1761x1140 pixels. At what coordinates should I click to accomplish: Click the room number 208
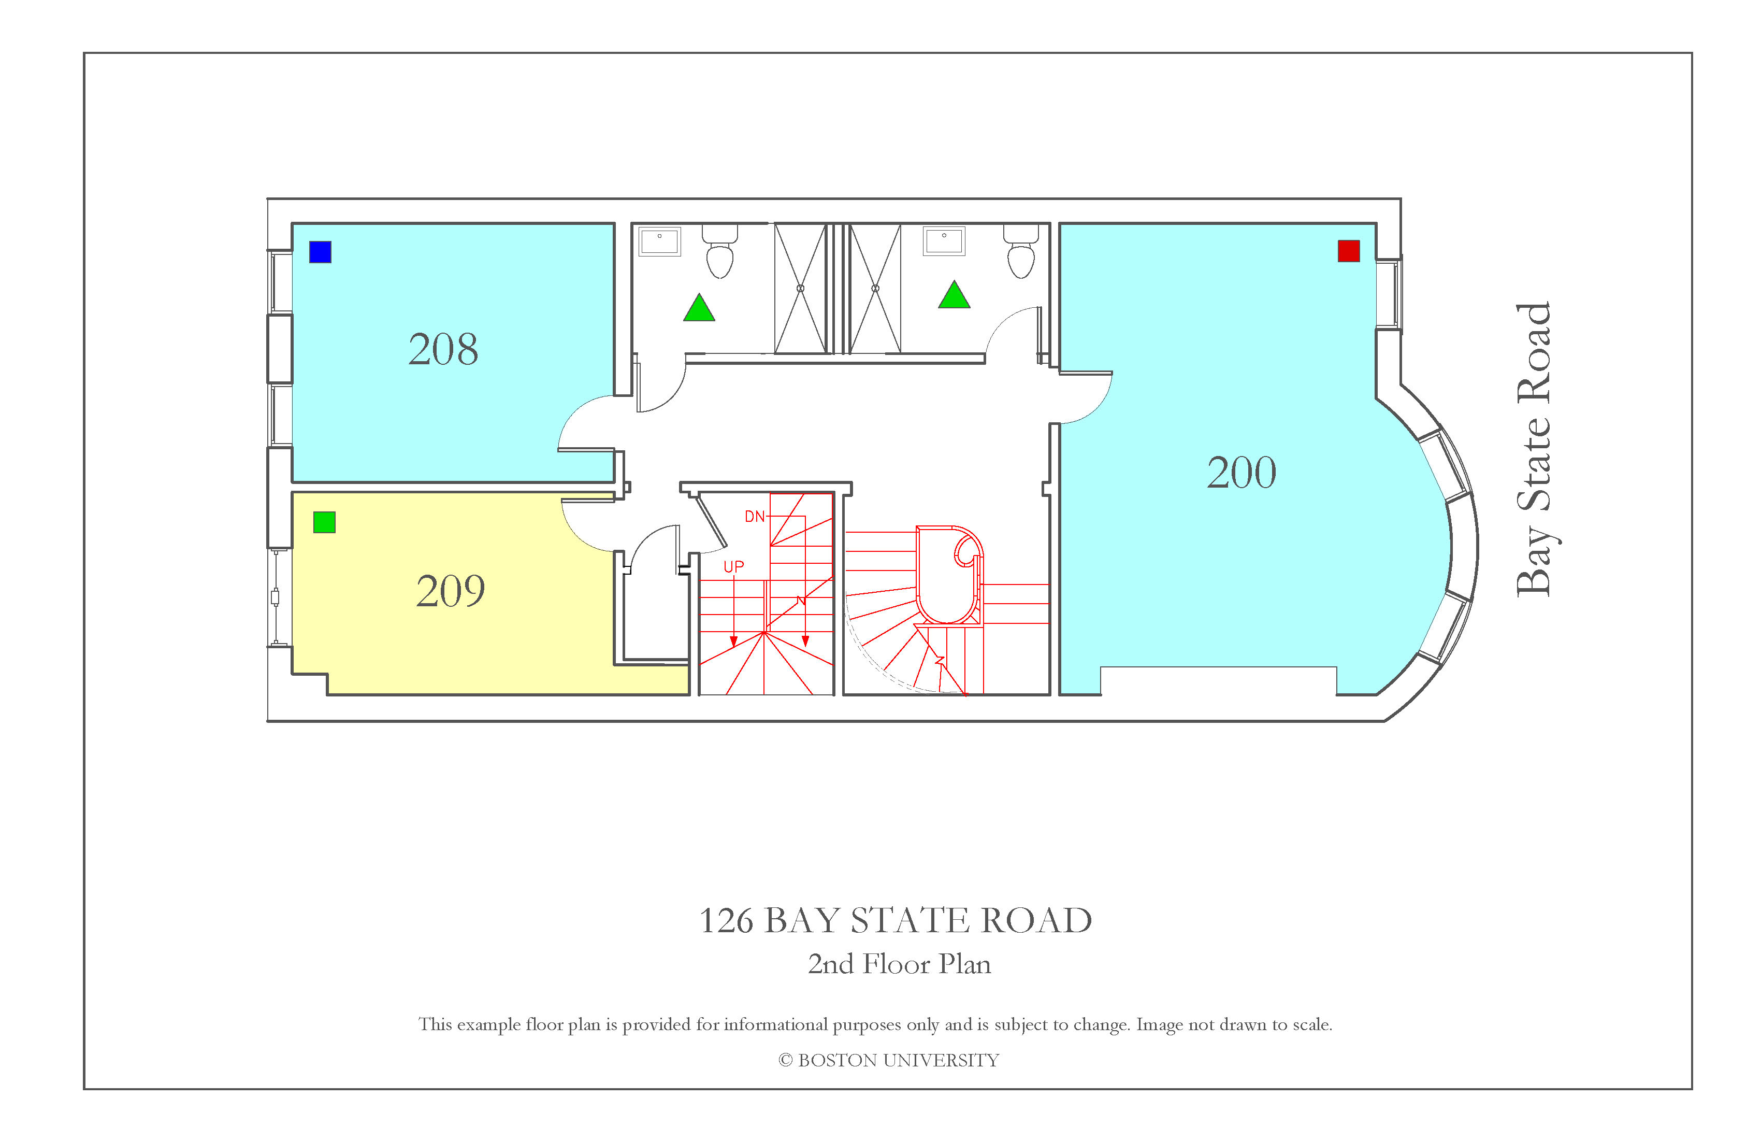pyautogui.click(x=443, y=349)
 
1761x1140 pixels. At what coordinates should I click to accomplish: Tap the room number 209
pyautogui.click(x=451, y=591)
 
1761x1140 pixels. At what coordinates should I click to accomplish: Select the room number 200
pyautogui.click(x=1242, y=472)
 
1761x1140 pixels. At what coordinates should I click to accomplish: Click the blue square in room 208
pyautogui.click(x=321, y=252)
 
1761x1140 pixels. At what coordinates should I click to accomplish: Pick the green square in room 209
pyautogui.click(x=324, y=522)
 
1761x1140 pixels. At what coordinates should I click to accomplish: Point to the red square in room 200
pyautogui.click(x=1349, y=251)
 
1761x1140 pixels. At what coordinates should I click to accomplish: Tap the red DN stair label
pyautogui.click(x=755, y=517)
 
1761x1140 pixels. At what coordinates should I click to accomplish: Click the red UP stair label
pyautogui.click(x=734, y=567)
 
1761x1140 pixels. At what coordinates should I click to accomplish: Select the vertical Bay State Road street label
pyautogui.click(x=1535, y=449)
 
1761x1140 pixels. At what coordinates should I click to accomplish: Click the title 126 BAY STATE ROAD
pyautogui.click(x=896, y=920)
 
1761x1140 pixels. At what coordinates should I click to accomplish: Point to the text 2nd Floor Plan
pyautogui.click(x=899, y=964)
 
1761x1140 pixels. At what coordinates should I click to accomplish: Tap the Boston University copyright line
pyautogui.click(x=889, y=1060)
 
